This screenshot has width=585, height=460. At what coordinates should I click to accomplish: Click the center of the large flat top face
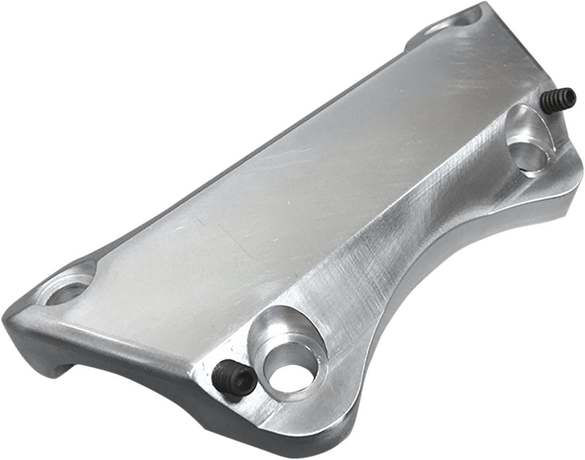(273, 175)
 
